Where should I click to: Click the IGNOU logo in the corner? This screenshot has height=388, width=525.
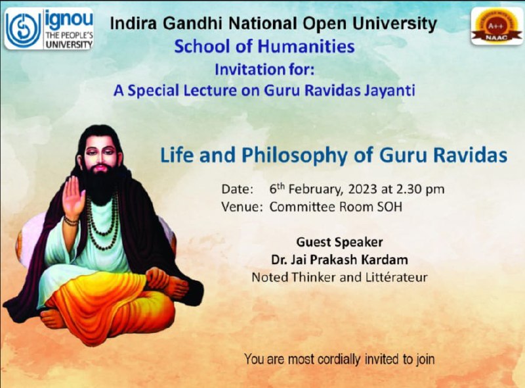(x=49, y=29)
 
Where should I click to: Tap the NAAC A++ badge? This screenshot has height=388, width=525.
(x=497, y=26)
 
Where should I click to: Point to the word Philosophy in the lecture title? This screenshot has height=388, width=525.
(x=294, y=156)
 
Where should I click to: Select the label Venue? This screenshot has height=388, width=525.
(x=241, y=206)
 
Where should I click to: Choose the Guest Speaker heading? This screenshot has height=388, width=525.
(x=339, y=242)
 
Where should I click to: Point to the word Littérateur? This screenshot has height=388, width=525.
(x=390, y=278)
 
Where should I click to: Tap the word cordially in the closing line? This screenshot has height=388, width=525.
(x=339, y=359)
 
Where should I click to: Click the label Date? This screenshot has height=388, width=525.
(x=238, y=189)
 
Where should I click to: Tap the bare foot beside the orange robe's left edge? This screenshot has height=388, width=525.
(x=52, y=318)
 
